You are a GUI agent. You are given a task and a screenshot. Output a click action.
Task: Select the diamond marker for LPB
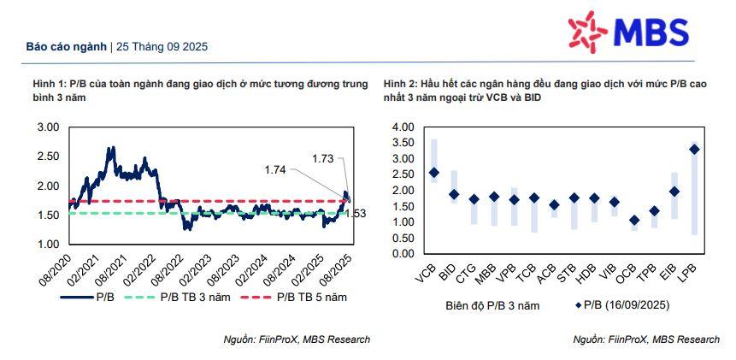[694, 149]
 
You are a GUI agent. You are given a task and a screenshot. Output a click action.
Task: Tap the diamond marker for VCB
[433, 172]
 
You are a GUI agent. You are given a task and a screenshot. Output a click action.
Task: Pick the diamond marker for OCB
[633, 220]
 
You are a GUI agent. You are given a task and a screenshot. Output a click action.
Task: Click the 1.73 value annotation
[323, 158]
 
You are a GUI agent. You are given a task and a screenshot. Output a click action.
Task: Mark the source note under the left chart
[296, 339]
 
